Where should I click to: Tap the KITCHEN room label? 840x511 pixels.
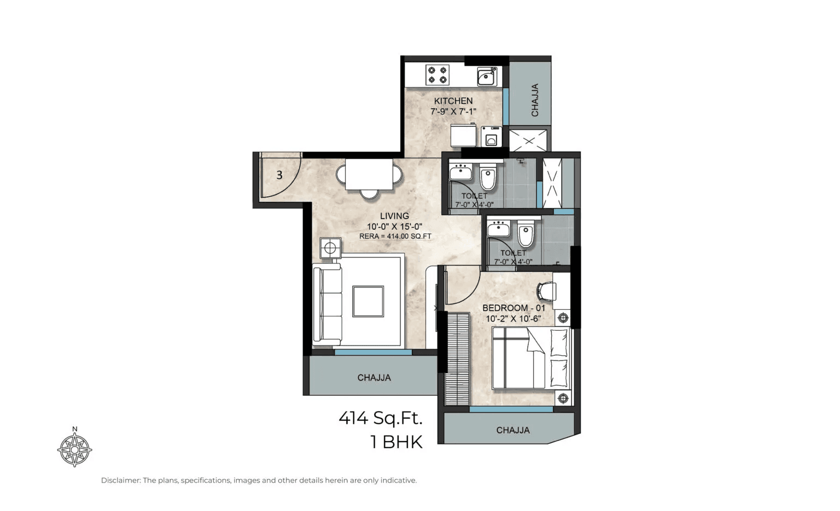click(453, 101)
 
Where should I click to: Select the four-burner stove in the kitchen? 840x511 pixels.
click(437, 75)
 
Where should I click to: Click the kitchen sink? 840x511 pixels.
click(486, 77)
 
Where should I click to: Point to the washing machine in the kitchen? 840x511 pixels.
click(491, 137)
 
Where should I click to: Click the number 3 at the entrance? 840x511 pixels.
click(279, 175)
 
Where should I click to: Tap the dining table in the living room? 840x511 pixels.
click(369, 174)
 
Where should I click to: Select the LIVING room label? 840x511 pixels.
click(394, 216)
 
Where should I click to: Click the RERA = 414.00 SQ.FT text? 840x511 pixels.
click(395, 237)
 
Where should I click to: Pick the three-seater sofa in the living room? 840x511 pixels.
click(326, 303)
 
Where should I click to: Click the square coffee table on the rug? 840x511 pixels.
click(367, 301)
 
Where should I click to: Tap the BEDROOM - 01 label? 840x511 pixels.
click(514, 308)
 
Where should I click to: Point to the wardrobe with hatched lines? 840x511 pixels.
click(458, 359)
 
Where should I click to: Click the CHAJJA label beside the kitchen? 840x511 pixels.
click(535, 100)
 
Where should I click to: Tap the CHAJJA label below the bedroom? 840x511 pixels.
click(512, 430)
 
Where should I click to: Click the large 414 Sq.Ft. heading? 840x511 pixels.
click(381, 418)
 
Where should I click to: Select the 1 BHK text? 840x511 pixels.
click(396, 442)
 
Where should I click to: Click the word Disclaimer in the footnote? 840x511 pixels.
click(120, 480)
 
